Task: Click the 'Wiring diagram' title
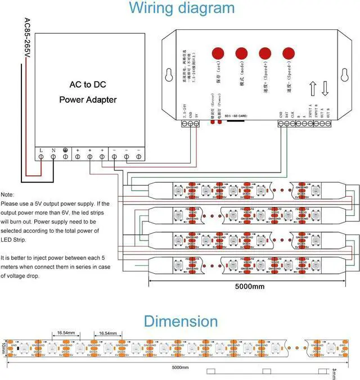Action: coord(182,8)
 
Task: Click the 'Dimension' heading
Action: coord(181,322)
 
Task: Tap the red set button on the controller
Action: coord(218,53)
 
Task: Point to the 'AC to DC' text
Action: coord(88,85)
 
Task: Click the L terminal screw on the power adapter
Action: coord(42,158)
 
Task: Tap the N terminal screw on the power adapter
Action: coord(53,158)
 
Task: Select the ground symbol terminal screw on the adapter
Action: coord(66,158)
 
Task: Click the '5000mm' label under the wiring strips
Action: coord(249,286)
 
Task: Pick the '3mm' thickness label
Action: coord(334,373)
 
